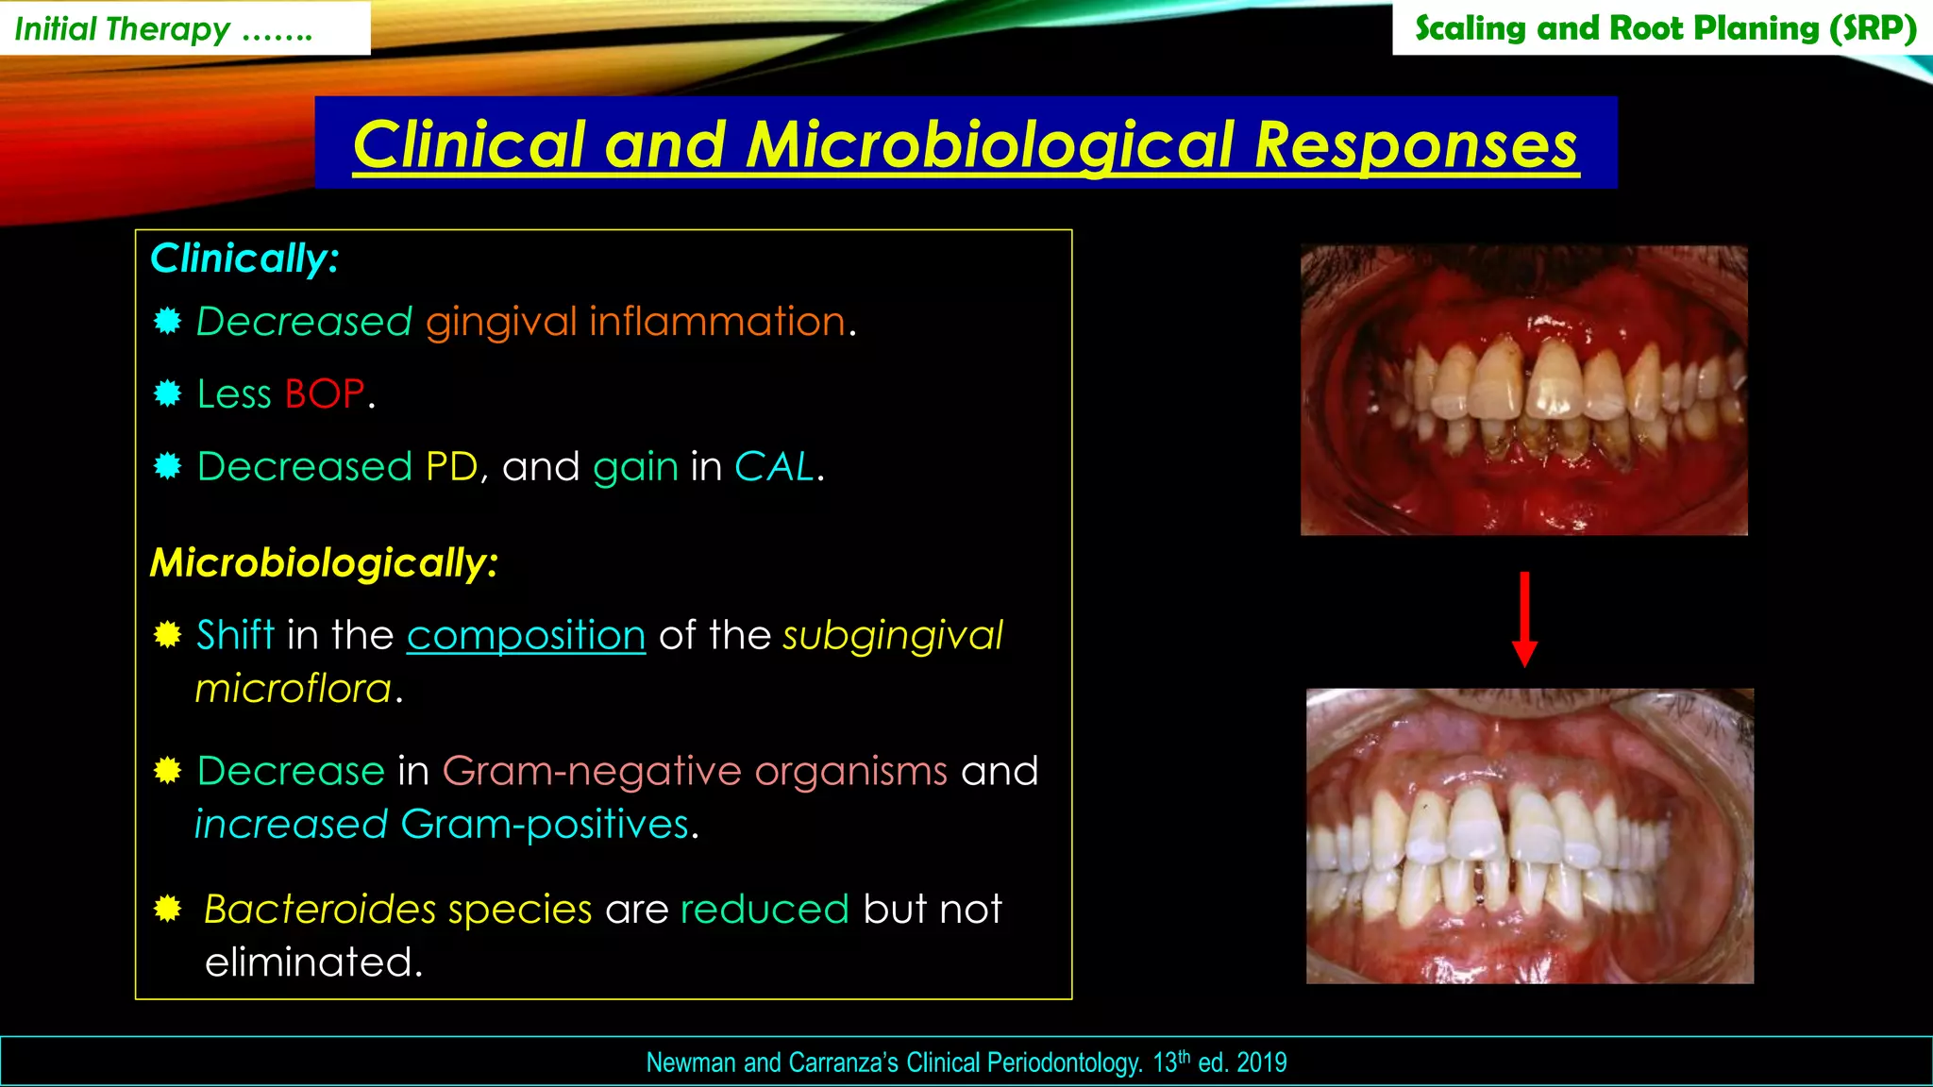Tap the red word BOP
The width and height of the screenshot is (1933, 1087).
(324, 394)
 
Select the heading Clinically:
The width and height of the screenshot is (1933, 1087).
(244, 259)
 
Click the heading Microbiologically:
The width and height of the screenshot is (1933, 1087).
(324, 563)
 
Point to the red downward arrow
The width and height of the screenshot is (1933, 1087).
(1524, 619)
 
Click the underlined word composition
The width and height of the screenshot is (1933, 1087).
(526, 636)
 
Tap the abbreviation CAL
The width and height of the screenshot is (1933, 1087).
(774, 467)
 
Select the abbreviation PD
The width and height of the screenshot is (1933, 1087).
(451, 467)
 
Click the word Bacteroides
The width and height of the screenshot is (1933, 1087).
(320, 910)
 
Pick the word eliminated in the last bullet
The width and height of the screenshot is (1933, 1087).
(312, 962)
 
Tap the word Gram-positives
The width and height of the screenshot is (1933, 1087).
(545, 825)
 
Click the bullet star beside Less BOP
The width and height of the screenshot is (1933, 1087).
(168, 393)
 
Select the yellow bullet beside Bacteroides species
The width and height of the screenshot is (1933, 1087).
(168, 909)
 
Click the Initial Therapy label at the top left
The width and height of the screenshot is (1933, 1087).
(123, 29)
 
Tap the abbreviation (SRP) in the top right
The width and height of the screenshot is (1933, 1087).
(1873, 28)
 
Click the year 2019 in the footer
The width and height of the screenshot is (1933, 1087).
(1261, 1062)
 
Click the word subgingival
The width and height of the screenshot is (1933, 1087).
(893, 636)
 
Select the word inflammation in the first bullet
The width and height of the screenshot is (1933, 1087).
(717, 322)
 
